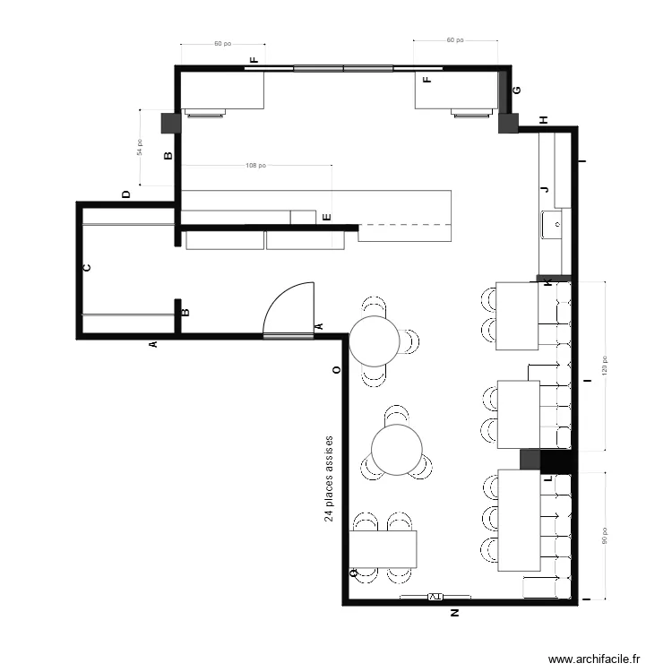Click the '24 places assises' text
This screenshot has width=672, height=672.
329,479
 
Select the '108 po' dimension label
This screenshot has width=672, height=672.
255,166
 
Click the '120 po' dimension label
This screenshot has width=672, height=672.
604,366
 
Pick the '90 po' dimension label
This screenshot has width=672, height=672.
604,535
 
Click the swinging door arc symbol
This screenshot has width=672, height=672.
289,308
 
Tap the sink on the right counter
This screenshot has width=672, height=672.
551,222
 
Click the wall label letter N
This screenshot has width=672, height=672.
454,614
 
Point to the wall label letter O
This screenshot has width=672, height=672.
336,369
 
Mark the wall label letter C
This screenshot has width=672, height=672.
87,268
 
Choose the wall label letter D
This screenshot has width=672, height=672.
126,194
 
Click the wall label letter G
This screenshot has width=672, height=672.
516,90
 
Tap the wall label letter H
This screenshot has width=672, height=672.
543,120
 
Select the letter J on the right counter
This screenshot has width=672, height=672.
544,190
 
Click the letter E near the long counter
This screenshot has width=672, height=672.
327,217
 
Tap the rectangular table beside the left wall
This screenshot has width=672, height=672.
383,549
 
